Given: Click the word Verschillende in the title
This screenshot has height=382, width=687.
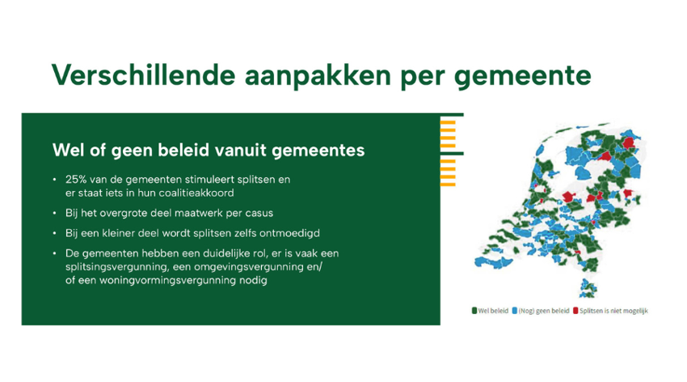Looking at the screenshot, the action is click(x=144, y=74).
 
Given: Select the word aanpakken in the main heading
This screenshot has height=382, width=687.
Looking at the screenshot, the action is click(x=318, y=76).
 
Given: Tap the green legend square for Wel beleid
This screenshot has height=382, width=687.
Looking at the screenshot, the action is click(x=474, y=311).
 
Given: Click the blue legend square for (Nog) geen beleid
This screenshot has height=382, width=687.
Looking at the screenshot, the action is click(x=514, y=311).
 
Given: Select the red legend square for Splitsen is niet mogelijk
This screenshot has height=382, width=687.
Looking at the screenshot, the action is click(x=575, y=311).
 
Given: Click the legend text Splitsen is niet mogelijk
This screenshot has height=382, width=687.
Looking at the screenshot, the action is click(x=613, y=311).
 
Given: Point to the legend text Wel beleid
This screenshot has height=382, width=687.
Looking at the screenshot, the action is click(x=493, y=311).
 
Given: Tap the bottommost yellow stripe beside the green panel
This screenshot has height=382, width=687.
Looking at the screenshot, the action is click(x=448, y=185).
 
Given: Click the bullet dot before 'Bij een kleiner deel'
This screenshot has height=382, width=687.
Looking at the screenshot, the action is click(x=54, y=233).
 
